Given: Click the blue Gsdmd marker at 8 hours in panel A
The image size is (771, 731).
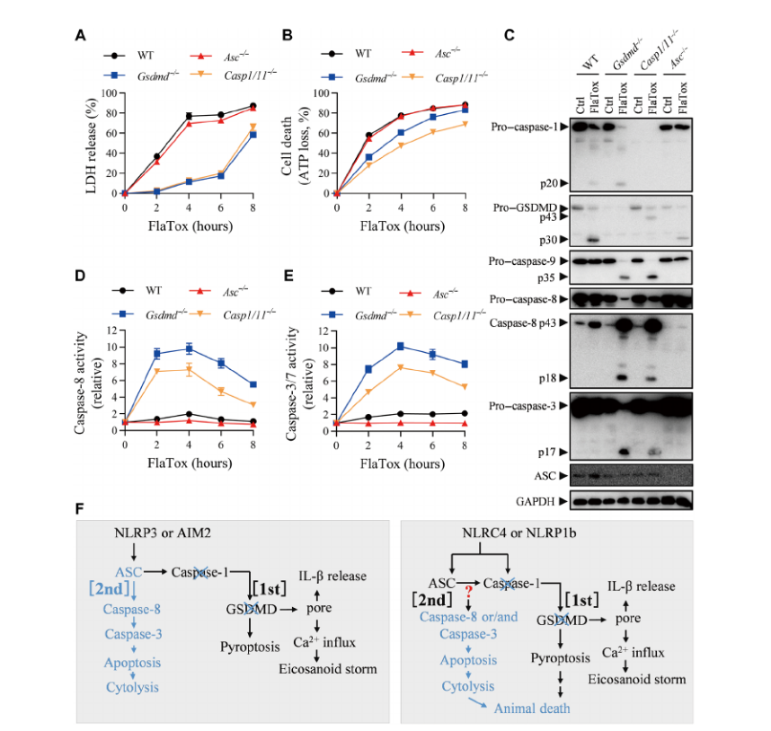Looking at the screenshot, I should pyautogui.click(x=253, y=135).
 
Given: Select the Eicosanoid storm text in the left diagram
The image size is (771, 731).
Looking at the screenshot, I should pyautogui.click(x=328, y=669).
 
